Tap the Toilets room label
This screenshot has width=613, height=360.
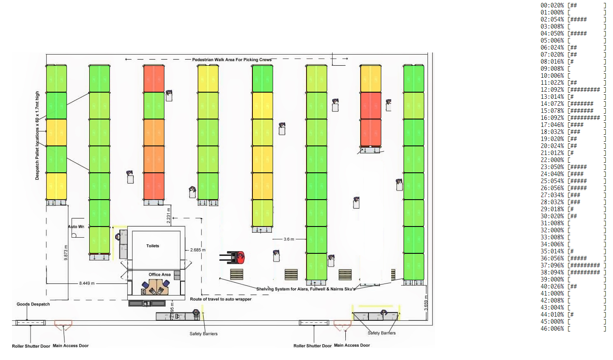coord(152,246)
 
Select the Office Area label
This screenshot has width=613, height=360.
coord(159,274)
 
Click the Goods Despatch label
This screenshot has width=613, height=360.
coord(33,304)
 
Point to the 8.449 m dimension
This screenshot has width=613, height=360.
coord(87,284)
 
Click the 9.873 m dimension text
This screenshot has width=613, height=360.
coord(66,252)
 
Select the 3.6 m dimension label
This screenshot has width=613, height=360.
coord(289,239)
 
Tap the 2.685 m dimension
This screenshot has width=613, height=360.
coord(198,250)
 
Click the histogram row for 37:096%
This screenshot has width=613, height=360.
coord(573,265)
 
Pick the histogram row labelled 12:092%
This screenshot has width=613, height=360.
coord(573,90)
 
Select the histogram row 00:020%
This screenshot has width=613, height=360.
coord(573,5)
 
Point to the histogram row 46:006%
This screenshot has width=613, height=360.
coord(573,329)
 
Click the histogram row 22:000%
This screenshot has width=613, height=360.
coord(573,160)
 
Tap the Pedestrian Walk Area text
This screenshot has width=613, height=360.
coord(232,60)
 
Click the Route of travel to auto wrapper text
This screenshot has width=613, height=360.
coord(221,299)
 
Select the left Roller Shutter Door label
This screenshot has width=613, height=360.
coord(31,346)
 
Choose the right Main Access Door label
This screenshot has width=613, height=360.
coord(352,346)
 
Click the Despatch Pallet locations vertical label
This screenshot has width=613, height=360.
coord(37,136)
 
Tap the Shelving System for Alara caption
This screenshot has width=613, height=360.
coord(306,289)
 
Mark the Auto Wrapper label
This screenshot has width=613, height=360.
coord(76,226)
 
